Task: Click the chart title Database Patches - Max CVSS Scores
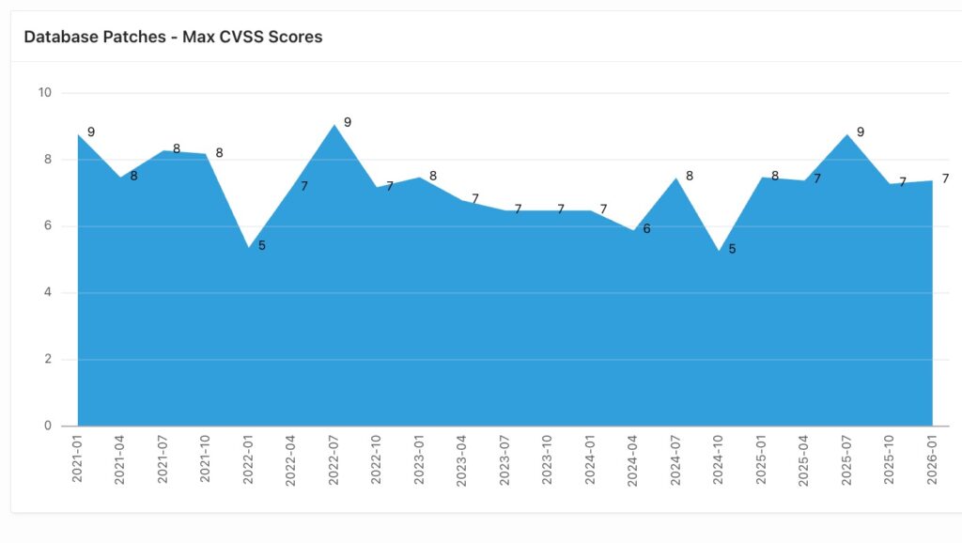(x=173, y=37)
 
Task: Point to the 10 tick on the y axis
(x=44, y=93)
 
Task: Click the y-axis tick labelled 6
(x=47, y=226)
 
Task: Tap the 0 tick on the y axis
(x=47, y=426)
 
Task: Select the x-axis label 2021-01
(x=78, y=458)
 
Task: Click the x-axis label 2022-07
(x=334, y=458)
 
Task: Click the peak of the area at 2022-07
(x=334, y=125)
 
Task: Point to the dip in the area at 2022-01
(x=249, y=248)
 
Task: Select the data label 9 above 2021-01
(x=91, y=132)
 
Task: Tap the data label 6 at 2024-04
(x=646, y=228)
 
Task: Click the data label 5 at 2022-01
(x=262, y=245)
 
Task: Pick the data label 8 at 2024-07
(x=690, y=176)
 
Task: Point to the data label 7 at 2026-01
(x=946, y=178)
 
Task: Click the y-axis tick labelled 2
(x=47, y=359)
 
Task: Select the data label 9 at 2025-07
(x=861, y=132)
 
